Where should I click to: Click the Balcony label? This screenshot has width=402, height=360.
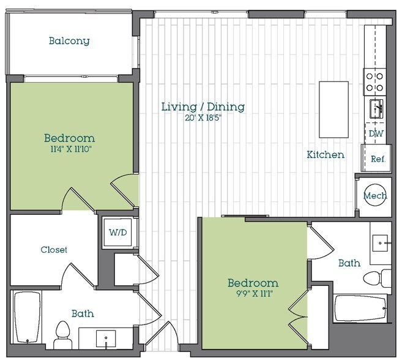(69, 42)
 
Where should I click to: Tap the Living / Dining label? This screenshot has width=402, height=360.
(203, 107)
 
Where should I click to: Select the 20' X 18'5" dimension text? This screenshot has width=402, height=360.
(203, 118)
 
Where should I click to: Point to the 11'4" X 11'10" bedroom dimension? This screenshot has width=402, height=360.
(69, 148)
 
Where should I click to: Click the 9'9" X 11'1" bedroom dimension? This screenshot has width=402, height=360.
(253, 293)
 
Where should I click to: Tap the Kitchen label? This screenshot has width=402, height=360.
(325, 155)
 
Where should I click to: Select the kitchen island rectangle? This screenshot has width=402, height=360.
(333, 110)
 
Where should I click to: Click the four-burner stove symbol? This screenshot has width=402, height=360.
(374, 81)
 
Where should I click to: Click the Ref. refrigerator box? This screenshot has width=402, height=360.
(378, 158)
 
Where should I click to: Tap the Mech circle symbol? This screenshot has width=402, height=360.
(374, 196)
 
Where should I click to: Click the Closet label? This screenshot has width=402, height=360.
(54, 250)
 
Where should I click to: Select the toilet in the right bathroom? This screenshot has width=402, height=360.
(378, 278)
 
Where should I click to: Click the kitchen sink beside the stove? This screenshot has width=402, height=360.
(375, 109)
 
